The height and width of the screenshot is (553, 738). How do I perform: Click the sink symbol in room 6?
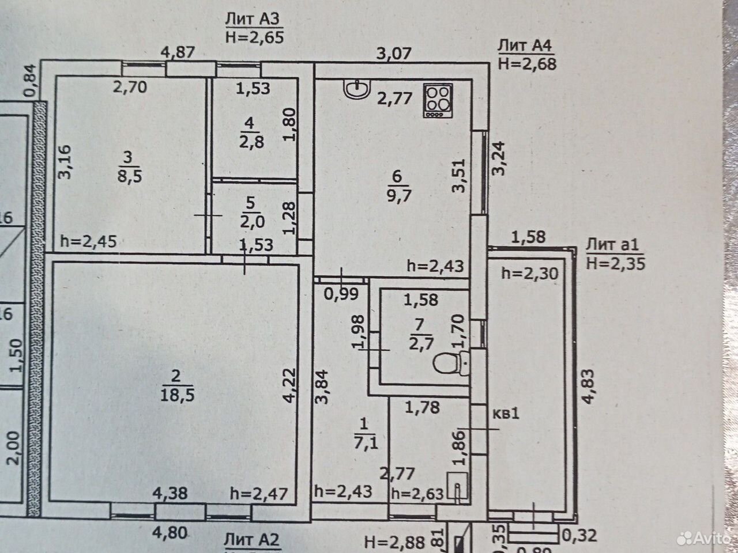357,89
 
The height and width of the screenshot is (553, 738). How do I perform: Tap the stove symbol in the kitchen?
438,100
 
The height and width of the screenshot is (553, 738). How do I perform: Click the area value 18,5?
177,395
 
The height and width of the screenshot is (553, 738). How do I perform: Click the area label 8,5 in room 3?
130,176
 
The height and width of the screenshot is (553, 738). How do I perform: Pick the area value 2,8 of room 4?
251,142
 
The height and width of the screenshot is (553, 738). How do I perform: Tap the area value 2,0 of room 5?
252,222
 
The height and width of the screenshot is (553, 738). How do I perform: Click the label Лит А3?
252,20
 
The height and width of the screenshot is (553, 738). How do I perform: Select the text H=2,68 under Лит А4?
527,64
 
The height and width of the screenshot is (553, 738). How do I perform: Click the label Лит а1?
612,245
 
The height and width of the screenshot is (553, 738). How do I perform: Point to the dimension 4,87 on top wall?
178,53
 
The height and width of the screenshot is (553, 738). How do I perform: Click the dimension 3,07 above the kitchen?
394,54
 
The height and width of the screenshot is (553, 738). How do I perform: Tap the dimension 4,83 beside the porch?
587,387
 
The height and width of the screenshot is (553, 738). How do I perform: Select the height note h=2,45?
88,241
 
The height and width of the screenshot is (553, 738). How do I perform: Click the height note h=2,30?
530,274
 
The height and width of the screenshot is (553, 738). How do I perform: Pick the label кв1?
506,414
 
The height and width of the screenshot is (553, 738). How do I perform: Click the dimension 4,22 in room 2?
289,385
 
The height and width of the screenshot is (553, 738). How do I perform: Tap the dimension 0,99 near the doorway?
341,294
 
